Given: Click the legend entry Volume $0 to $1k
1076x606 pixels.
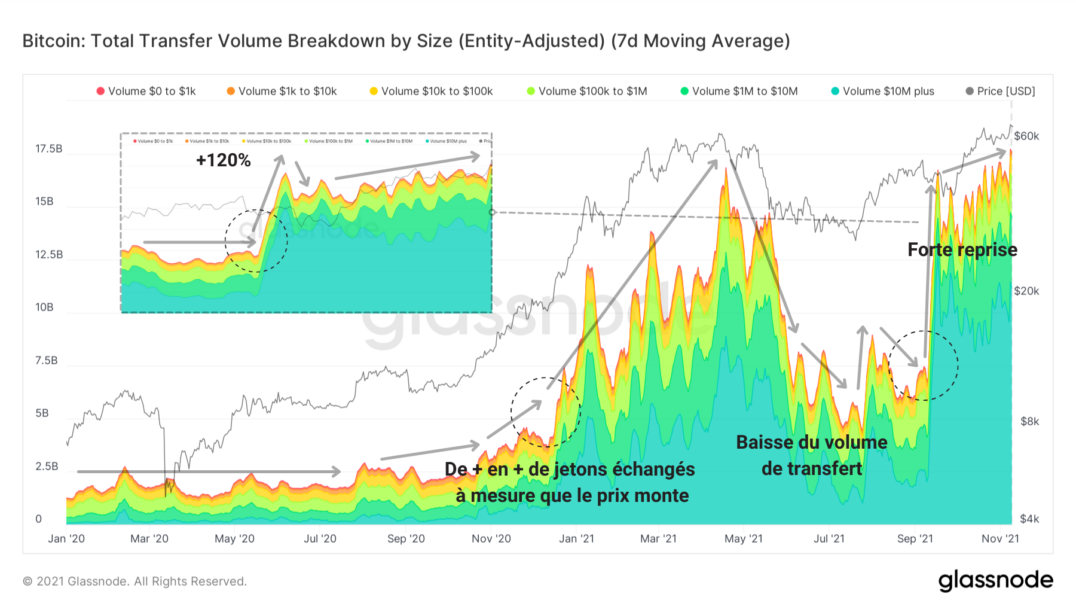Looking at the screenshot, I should pyautogui.click(x=146, y=91).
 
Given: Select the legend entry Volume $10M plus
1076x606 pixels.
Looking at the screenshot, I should pyautogui.click(x=882, y=91).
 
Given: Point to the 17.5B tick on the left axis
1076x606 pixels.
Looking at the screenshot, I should pyautogui.click(x=48, y=148).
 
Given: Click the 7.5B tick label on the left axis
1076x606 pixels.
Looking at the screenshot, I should pyautogui.click(x=47, y=360).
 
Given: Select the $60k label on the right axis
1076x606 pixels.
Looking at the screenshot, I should pyautogui.click(x=1026, y=136).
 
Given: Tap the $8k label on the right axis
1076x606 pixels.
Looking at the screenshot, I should pyautogui.click(x=1029, y=421).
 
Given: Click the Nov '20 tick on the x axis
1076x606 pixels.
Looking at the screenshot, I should pyautogui.click(x=491, y=538).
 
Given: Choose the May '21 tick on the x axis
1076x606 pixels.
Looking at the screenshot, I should pyautogui.click(x=743, y=538).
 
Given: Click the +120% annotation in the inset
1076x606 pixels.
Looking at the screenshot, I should pyautogui.click(x=223, y=160).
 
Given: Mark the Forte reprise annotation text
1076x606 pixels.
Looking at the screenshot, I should pyautogui.click(x=962, y=249).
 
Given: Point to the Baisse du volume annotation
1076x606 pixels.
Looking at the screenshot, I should pyautogui.click(x=811, y=442).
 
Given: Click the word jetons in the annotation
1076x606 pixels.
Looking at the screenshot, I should pyautogui.click(x=580, y=469).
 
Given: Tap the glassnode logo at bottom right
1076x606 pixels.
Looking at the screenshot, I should pyautogui.click(x=995, y=580).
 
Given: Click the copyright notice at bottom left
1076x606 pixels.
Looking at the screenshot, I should pyautogui.click(x=134, y=581).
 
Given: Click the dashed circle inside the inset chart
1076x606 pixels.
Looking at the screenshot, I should pyautogui.click(x=256, y=240).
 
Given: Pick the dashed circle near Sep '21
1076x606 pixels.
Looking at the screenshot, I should pyautogui.click(x=923, y=365).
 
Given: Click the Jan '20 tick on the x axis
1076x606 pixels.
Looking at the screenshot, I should pyautogui.click(x=66, y=538).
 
